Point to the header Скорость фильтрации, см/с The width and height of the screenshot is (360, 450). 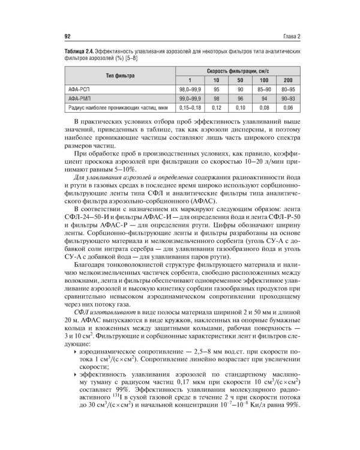coord(238,71)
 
